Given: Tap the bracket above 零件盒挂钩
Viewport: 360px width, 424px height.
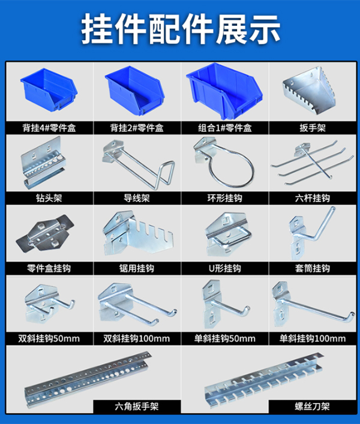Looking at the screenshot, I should [x=48, y=234].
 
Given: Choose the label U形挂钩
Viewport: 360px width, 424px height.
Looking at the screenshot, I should [x=223, y=267].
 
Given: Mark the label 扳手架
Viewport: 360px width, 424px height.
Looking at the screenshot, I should [x=311, y=127].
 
